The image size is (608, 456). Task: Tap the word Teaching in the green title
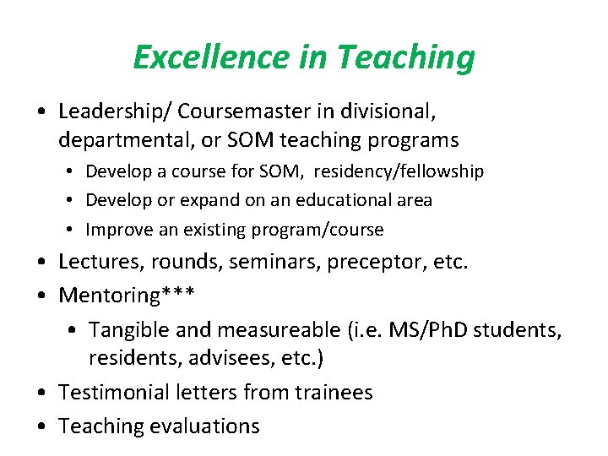pyautogui.click(x=405, y=57)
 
